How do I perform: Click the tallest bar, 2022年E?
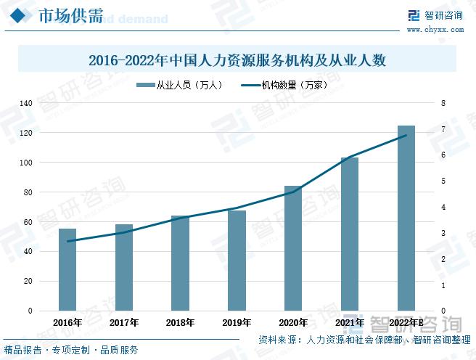pos(406,218)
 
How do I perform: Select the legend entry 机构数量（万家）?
pos(287,85)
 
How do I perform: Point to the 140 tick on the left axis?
pos(25,104)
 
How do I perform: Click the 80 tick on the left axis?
pos(28,192)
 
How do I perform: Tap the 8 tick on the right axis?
pos(442,104)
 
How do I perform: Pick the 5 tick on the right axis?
pos(442,181)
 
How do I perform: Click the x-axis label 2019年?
pos(237,322)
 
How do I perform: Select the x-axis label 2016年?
pos(67,322)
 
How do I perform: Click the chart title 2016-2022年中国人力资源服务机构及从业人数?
pos(237,61)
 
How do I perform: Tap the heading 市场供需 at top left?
pos(70,16)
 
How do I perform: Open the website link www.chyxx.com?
pos(435,30)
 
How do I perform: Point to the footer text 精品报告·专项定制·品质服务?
pos(70,351)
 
